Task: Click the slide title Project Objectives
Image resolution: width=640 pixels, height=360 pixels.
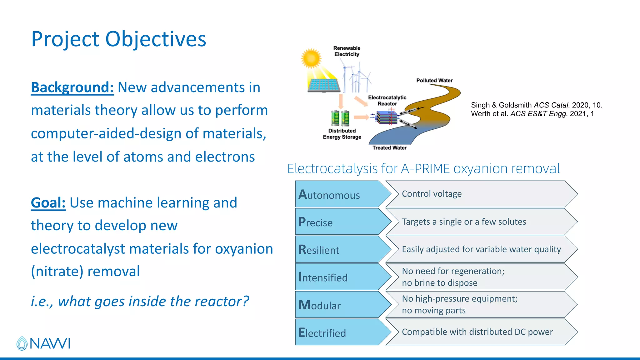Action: tap(119, 39)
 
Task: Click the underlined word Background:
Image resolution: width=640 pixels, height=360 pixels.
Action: tap(72, 87)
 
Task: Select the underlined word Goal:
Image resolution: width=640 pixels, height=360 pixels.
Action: tap(48, 203)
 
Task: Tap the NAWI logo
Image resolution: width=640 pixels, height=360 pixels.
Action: tap(43, 343)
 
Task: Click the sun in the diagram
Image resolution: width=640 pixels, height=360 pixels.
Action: tap(311, 58)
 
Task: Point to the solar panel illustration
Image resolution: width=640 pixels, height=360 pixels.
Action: tap(324, 85)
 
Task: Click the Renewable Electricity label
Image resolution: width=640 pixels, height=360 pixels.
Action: tap(347, 51)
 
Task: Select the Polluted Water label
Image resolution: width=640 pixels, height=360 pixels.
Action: tap(434, 81)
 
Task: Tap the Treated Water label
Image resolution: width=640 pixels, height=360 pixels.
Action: tap(389, 148)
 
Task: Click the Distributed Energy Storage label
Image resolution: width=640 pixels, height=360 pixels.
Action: tap(342, 134)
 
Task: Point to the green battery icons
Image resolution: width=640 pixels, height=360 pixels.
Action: tap(340, 118)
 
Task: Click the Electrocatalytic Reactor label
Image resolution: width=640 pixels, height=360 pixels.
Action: tap(387, 101)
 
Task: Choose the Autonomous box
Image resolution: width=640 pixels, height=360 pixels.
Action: tap(337, 194)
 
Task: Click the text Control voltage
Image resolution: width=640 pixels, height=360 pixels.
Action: tap(432, 194)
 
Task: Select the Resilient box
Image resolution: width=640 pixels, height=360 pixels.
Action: tap(337, 250)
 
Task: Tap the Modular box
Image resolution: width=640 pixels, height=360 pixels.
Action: tap(337, 305)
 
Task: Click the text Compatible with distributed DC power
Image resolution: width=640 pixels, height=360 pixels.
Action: tap(477, 332)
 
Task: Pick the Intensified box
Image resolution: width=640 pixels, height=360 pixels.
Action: tap(337, 277)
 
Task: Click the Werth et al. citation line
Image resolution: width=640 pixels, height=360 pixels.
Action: tap(532, 114)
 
